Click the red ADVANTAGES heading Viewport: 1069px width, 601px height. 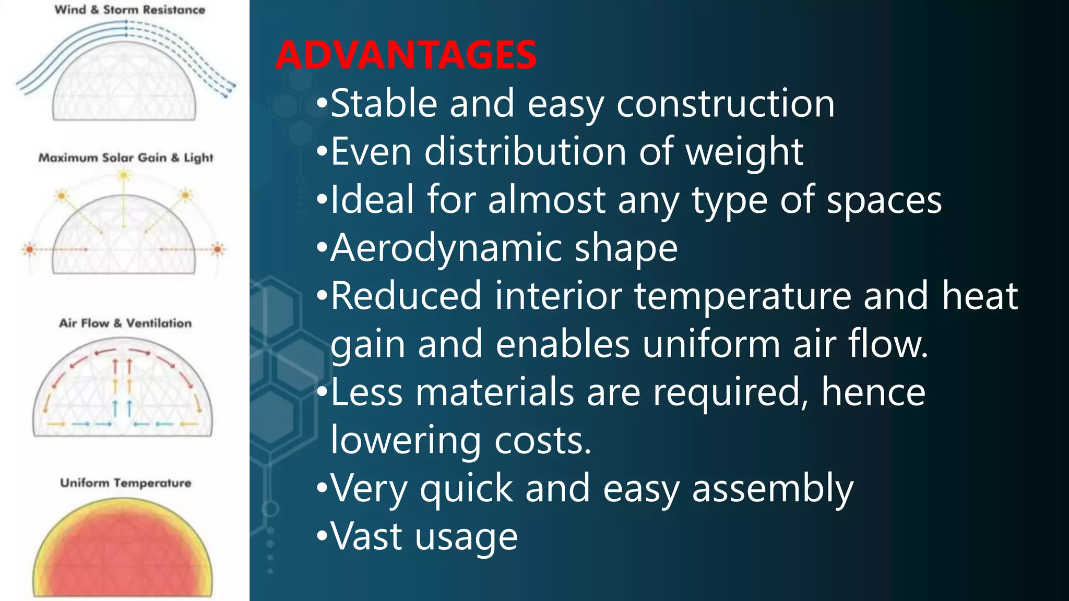point(406,55)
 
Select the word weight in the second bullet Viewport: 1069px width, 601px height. point(744,152)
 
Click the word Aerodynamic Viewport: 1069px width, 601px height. point(446,248)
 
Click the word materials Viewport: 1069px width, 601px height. point(495,392)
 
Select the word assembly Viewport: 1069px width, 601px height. point(773,489)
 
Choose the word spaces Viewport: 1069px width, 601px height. point(884,200)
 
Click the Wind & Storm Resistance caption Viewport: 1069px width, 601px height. point(130,10)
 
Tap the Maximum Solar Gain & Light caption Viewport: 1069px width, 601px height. point(126,158)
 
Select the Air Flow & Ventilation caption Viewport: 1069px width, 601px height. point(125,323)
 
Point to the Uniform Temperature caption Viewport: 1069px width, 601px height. point(126,483)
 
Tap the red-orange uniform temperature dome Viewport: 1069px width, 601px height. point(123,553)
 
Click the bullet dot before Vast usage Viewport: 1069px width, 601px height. point(322,536)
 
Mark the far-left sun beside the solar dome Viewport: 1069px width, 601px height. point(30,249)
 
